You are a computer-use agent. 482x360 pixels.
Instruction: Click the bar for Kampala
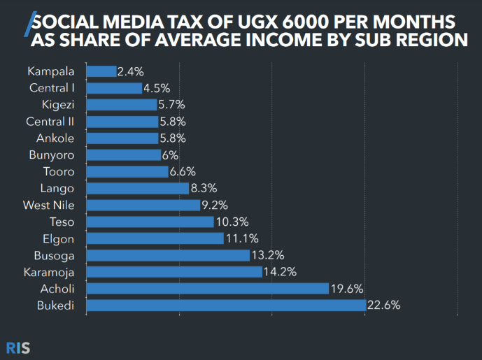101,71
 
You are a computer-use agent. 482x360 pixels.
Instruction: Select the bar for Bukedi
226,305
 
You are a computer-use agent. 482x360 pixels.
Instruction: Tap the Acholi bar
207,289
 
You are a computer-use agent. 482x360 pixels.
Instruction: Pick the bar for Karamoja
174,272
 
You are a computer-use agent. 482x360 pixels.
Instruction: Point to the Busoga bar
168,255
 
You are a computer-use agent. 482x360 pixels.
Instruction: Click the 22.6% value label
383,305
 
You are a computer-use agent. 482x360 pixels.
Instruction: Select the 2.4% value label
131,71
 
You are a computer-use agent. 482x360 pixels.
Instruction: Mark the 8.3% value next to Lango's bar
204,188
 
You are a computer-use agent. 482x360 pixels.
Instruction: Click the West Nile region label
53,205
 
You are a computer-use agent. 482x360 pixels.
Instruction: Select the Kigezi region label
59,104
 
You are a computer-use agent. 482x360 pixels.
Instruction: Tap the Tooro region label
60,171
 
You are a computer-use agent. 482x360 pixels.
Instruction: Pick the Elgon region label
61,238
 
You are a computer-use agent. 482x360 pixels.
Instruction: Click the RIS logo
18,347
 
